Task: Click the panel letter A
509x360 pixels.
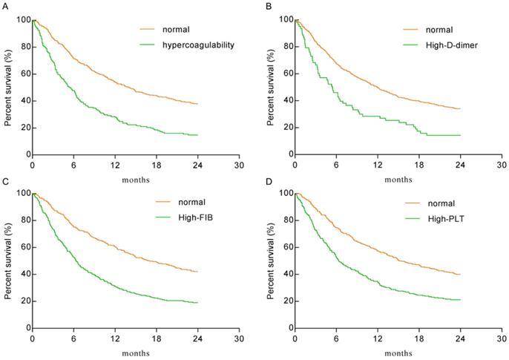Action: tap(6, 4)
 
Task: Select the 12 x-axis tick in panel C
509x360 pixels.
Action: tap(114, 338)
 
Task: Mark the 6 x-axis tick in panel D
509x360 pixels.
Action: tap(336, 338)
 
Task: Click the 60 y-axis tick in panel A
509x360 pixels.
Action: tap(22, 73)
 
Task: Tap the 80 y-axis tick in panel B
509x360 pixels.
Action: tap(286, 47)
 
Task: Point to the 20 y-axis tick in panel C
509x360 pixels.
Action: tap(22, 301)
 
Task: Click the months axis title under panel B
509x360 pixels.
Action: tap(398, 179)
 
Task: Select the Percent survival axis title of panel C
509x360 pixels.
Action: tap(7, 261)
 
